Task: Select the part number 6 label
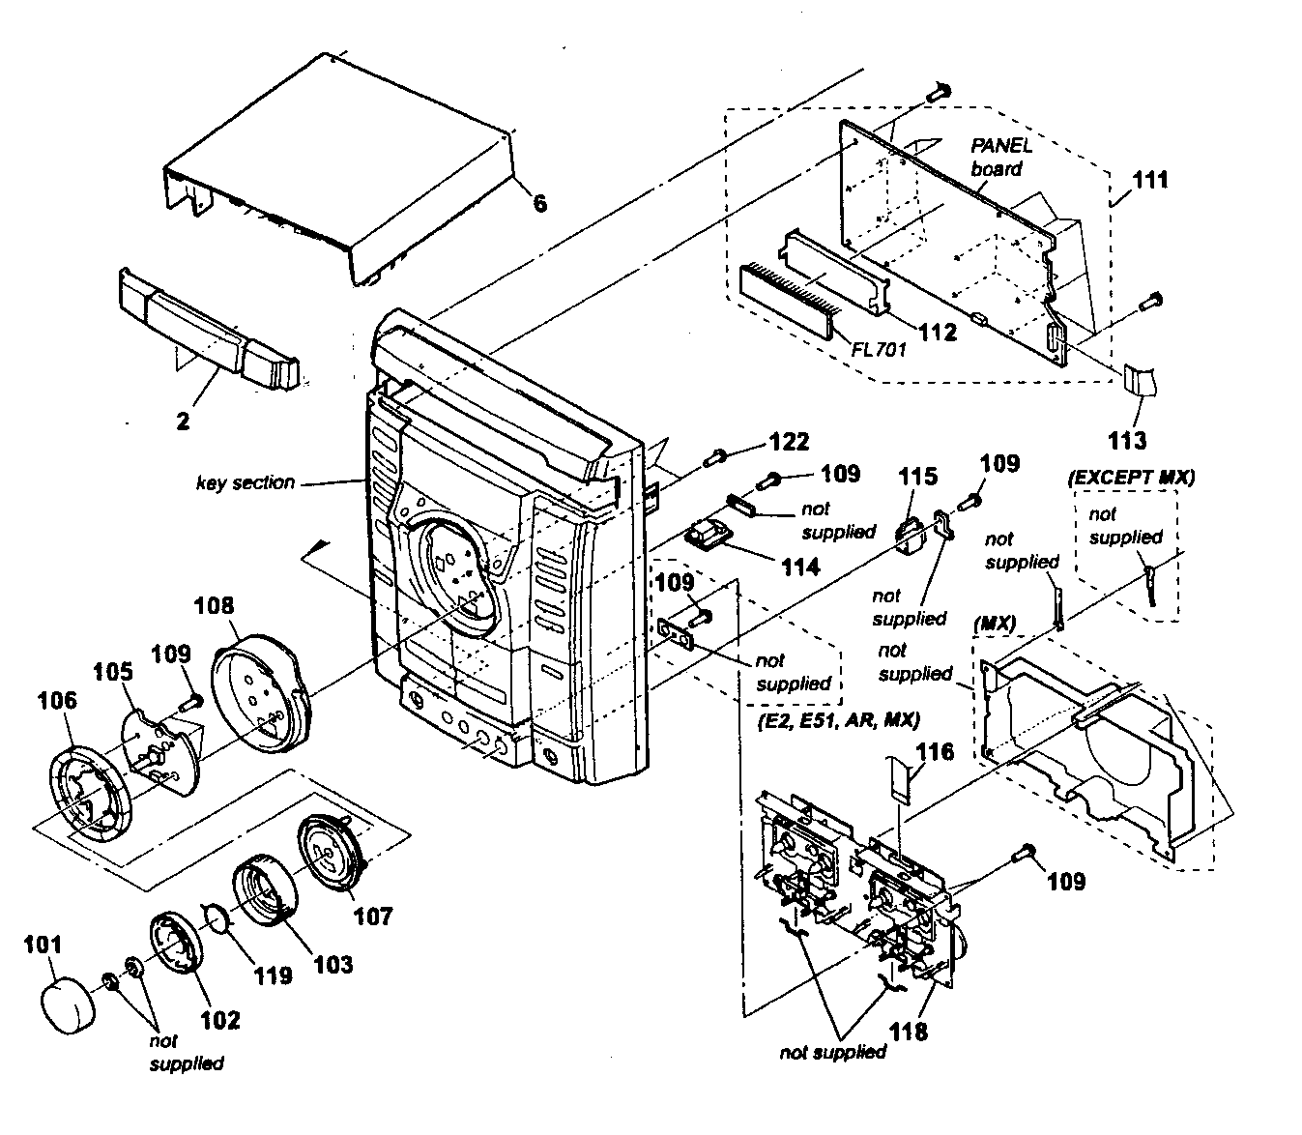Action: click(x=539, y=202)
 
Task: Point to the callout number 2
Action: click(x=183, y=421)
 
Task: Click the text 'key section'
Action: click(x=246, y=482)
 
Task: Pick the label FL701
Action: click(x=879, y=349)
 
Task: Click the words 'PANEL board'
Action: click(x=1001, y=158)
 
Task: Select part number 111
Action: click(x=1150, y=180)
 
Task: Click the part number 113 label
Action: click(x=1127, y=440)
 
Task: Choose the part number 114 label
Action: click(x=799, y=567)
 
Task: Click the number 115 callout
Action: click(x=917, y=476)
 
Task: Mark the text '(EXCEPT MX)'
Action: click(x=1131, y=477)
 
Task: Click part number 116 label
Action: click(x=935, y=751)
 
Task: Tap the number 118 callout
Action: click(x=909, y=1031)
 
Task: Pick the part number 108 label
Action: click(x=215, y=605)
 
